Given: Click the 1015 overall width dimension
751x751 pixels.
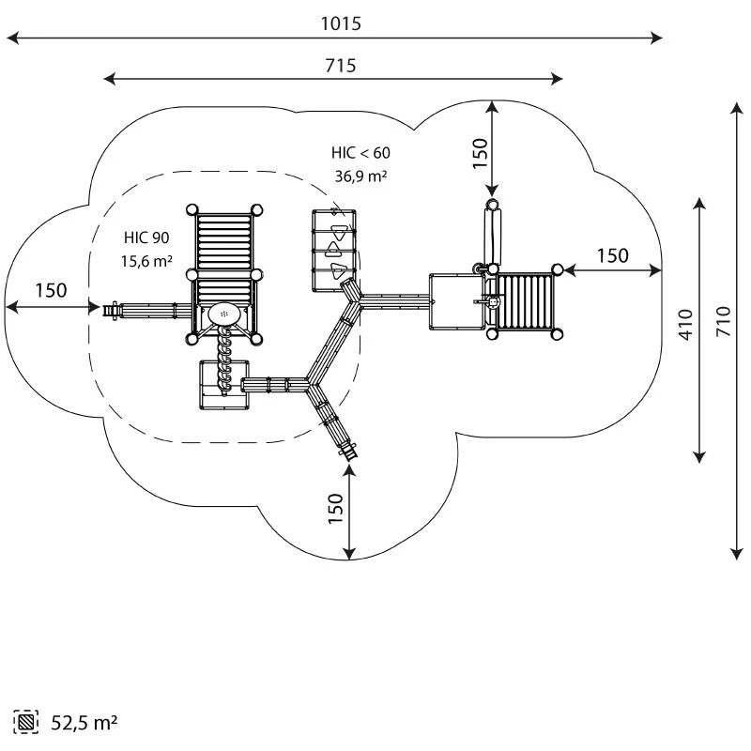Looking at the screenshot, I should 340,24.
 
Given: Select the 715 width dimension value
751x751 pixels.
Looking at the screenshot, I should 340,66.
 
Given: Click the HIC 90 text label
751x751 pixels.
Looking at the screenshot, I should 146,238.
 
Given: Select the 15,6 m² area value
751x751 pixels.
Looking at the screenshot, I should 146,262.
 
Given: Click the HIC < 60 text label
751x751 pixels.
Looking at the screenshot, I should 360,152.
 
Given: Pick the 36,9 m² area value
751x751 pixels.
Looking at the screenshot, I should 360,176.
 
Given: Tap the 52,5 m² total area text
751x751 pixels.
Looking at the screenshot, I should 84,723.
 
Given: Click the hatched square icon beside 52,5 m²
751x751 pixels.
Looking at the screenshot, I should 25,723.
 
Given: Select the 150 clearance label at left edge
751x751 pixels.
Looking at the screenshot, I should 51,290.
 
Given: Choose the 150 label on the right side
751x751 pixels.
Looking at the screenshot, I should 612,255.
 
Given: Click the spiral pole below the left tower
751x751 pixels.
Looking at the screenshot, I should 224,361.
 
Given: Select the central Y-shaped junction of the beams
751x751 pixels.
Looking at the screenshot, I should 312,383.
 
